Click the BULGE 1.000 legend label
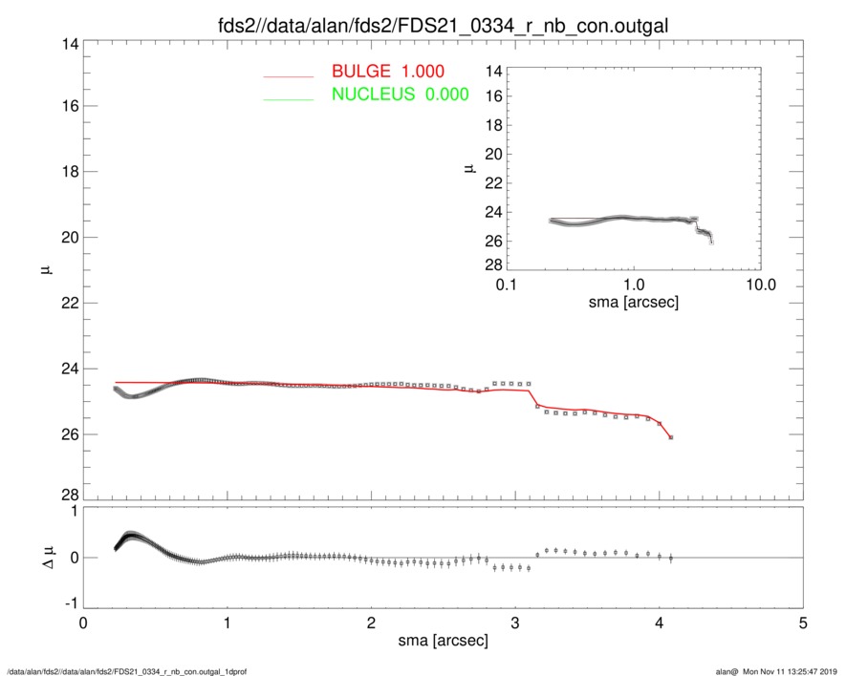pos(387,72)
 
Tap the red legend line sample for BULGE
pos(288,74)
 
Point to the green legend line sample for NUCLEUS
pos(288,98)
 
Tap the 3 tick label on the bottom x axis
pos(515,623)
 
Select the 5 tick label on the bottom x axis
pos(802,623)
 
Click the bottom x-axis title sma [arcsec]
pos(443,641)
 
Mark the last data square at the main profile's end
pos(671,437)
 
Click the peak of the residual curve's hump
pos(131,536)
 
